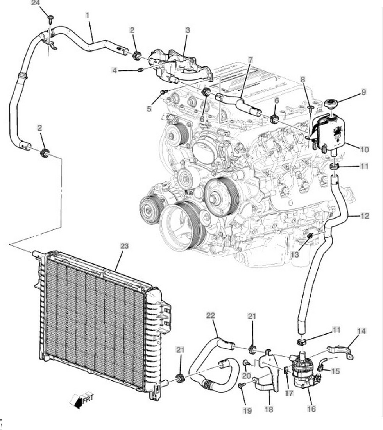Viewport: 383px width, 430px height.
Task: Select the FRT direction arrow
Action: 82,400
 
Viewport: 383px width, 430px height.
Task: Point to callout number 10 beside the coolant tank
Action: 364,149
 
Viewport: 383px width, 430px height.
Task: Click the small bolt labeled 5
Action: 164,92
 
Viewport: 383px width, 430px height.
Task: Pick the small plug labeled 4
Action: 141,70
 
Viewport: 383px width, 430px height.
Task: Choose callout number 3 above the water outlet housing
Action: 188,30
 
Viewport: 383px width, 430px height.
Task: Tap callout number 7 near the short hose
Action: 250,60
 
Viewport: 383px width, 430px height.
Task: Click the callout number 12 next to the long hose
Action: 364,216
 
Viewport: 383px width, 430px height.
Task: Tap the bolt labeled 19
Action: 241,386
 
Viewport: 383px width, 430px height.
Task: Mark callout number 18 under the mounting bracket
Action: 269,409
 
